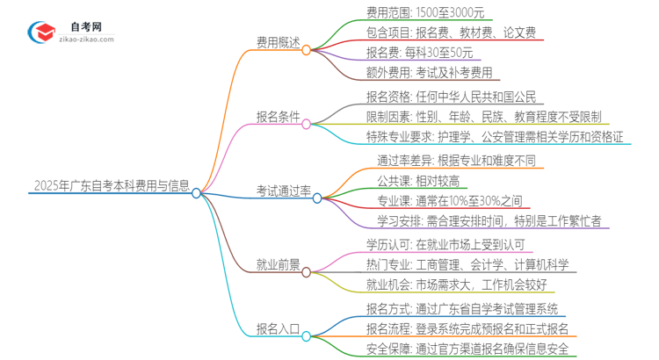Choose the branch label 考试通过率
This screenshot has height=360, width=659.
[x=283, y=191]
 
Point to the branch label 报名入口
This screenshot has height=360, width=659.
[x=277, y=329]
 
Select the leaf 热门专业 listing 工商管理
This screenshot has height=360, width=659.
[x=467, y=263]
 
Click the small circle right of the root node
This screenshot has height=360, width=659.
[x=197, y=192]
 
